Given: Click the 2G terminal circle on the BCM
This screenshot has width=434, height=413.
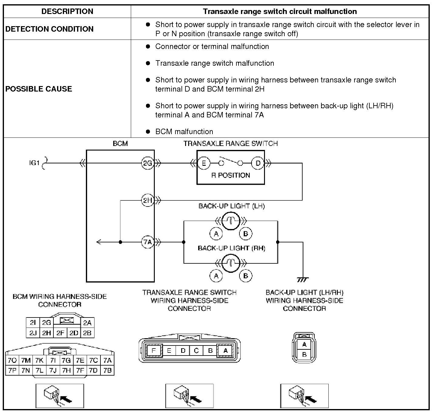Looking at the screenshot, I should (x=147, y=163).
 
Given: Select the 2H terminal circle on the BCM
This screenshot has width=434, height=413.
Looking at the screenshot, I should (x=147, y=200).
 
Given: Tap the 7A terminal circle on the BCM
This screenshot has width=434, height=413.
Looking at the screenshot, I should (x=147, y=242).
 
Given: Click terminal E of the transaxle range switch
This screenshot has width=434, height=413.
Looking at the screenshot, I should (x=204, y=163).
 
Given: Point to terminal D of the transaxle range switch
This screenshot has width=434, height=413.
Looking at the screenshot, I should (x=258, y=163).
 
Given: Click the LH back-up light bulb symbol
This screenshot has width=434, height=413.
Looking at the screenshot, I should (x=231, y=220).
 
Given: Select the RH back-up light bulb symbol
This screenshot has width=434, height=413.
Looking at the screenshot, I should (x=231, y=263).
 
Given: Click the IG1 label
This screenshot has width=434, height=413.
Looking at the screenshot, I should (x=34, y=163).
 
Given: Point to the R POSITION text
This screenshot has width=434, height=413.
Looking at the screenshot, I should (x=231, y=175).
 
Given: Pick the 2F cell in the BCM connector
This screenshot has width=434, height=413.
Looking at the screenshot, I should (x=60, y=333).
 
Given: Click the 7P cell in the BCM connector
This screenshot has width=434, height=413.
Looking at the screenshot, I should (x=12, y=370).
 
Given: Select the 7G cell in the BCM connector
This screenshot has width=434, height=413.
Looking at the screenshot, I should (x=66, y=361).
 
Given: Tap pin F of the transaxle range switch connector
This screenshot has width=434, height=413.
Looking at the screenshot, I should (x=154, y=350).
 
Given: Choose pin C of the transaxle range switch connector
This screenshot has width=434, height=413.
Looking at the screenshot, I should (x=196, y=350).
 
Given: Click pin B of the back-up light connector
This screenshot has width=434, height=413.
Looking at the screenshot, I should (x=304, y=355).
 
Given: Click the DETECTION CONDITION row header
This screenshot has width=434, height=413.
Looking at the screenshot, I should (x=49, y=29).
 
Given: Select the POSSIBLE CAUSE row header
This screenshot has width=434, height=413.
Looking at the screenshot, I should (x=39, y=89).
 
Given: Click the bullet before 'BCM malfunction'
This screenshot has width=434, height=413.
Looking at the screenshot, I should (x=148, y=132).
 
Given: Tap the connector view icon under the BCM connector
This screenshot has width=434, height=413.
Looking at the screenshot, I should (x=59, y=396).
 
